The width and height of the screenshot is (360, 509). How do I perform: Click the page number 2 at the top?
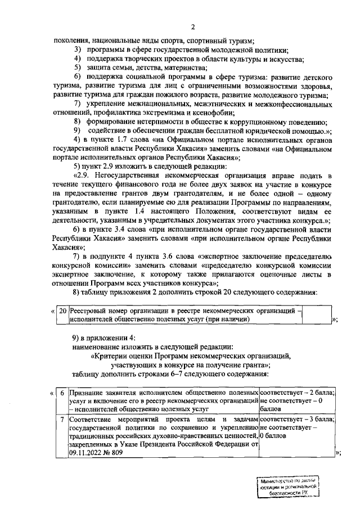[192, 27]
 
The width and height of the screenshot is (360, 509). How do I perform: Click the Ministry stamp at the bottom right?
[287, 486]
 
